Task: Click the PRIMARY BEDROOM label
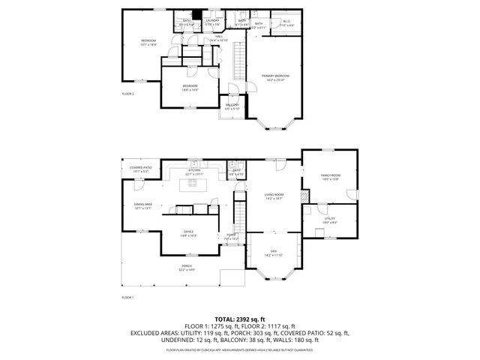[275, 76]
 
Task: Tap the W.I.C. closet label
[287, 22]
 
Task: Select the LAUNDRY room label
[212, 22]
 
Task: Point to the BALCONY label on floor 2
[232, 106]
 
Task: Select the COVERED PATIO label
[141, 169]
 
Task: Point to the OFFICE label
[189, 233]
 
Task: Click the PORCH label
[186, 269]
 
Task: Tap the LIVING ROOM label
[274, 196]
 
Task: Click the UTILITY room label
[330, 219]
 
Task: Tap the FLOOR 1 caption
[127, 298]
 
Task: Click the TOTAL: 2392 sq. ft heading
[239, 319]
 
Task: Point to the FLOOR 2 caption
[127, 94]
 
